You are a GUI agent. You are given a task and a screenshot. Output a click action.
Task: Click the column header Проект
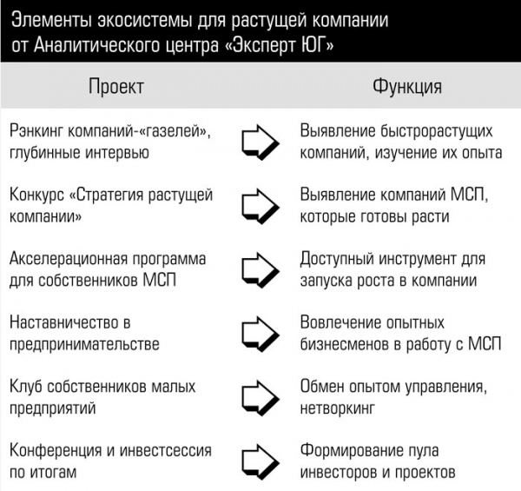tap(116, 87)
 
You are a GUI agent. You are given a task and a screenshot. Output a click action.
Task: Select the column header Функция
tap(407, 87)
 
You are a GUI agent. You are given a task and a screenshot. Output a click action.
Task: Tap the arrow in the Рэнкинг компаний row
tap(260, 143)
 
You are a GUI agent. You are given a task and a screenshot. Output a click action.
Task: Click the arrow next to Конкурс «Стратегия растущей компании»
tap(260, 207)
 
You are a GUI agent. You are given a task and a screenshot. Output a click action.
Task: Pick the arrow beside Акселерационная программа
tap(260, 270)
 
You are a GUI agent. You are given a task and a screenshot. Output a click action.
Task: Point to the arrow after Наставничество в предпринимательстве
tap(260, 334)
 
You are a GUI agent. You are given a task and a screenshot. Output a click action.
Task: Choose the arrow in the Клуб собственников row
tap(260, 398)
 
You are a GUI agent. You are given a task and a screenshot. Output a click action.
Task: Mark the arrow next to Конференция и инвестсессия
tap(260, 461)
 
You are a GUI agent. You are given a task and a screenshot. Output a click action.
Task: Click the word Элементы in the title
tap(52, 21)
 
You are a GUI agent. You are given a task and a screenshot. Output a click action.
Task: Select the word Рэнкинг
tap(36, 131)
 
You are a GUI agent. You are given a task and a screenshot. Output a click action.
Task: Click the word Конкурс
tap(36, 196)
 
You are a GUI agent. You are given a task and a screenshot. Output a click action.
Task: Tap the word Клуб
tap(29, 387)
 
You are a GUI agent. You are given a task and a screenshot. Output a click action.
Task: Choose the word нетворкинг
tap(337, 408)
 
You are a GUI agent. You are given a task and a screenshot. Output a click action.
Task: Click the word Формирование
tap(351, 451)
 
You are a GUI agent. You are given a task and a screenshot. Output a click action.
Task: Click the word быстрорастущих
tap(436, 131)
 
